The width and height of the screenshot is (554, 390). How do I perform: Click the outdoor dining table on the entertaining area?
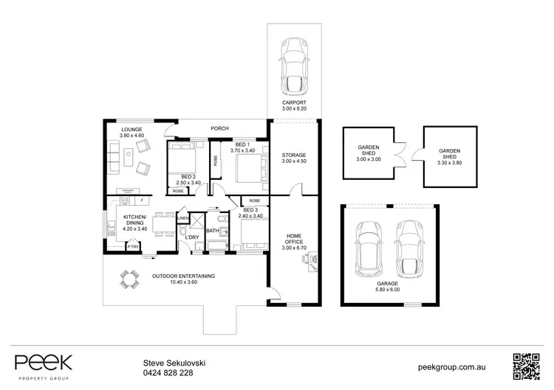pos(129,279)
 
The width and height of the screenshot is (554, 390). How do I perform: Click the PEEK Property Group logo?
pos(44,364)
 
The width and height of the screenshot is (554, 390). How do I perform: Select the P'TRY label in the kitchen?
pos(132,247)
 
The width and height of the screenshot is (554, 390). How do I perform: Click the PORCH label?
pos(219,128)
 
